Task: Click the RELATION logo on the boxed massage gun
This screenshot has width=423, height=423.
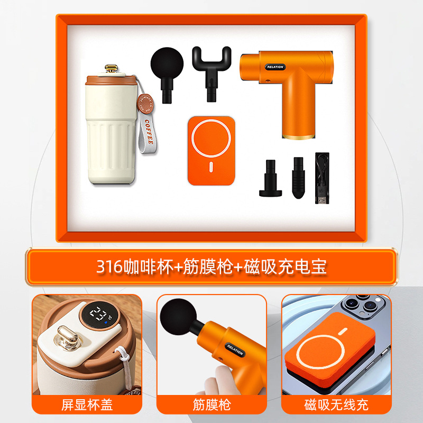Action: tap(275, 67)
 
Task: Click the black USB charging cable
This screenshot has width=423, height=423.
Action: tap(321, 178)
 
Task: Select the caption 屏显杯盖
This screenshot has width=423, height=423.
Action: tap(87, 406)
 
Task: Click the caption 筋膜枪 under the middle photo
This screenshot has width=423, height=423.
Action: tap(212, 406)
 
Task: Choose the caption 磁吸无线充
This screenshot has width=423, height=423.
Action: tap(336, 406)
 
